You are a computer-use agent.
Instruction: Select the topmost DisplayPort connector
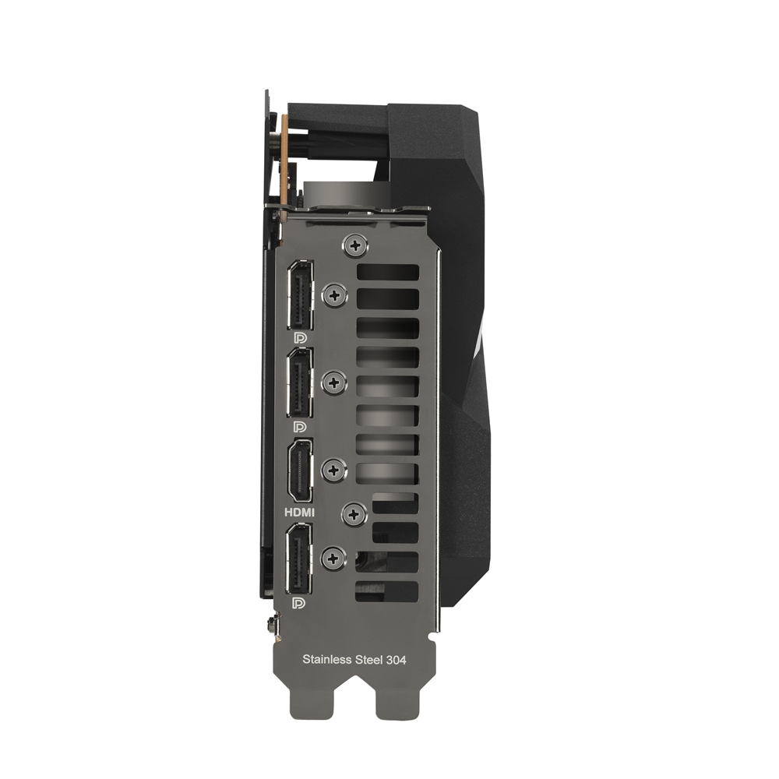coord(300,295)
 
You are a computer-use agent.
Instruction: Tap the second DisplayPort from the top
coord(300,382)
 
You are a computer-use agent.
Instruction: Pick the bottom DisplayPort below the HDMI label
coord(299,559)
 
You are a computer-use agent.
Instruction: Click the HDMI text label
coord(299,512)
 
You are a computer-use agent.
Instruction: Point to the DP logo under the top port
coord(300,338)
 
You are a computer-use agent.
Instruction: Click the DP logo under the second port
coord(300,427)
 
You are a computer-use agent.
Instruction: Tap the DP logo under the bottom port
coord(299,604)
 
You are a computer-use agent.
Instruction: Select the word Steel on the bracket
coord(369,660)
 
